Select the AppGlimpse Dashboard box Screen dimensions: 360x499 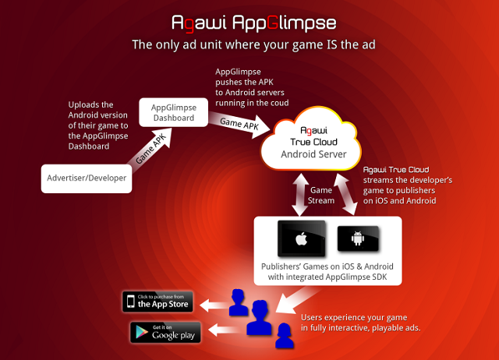173,113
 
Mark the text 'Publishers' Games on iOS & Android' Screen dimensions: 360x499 328,266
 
